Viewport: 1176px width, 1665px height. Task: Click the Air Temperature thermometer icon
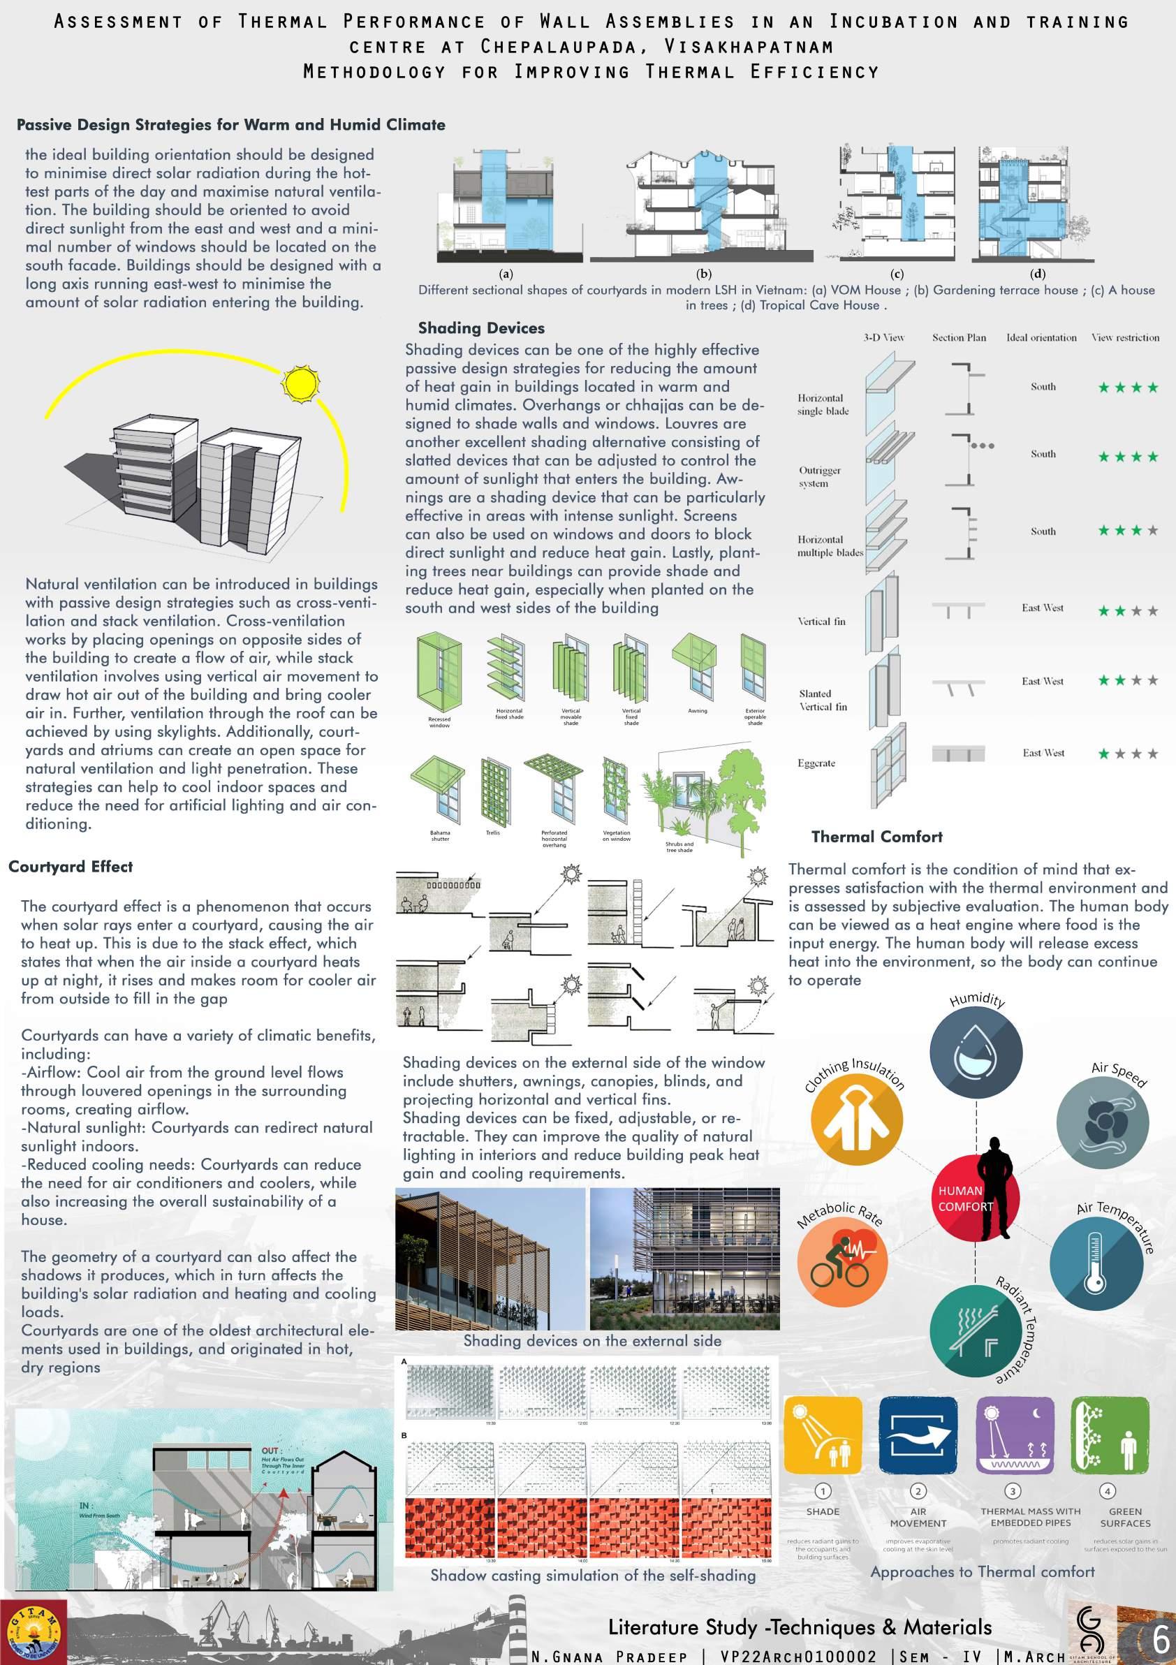click(1096, 1263)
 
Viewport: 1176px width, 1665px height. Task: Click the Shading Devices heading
click(481, 328)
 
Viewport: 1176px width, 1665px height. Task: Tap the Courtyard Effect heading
click(71, 867)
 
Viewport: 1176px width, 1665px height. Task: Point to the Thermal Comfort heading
click(876, 837)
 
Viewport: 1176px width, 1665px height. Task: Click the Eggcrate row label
click(816, 763)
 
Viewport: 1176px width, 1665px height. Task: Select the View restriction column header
click(1125, 338)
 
